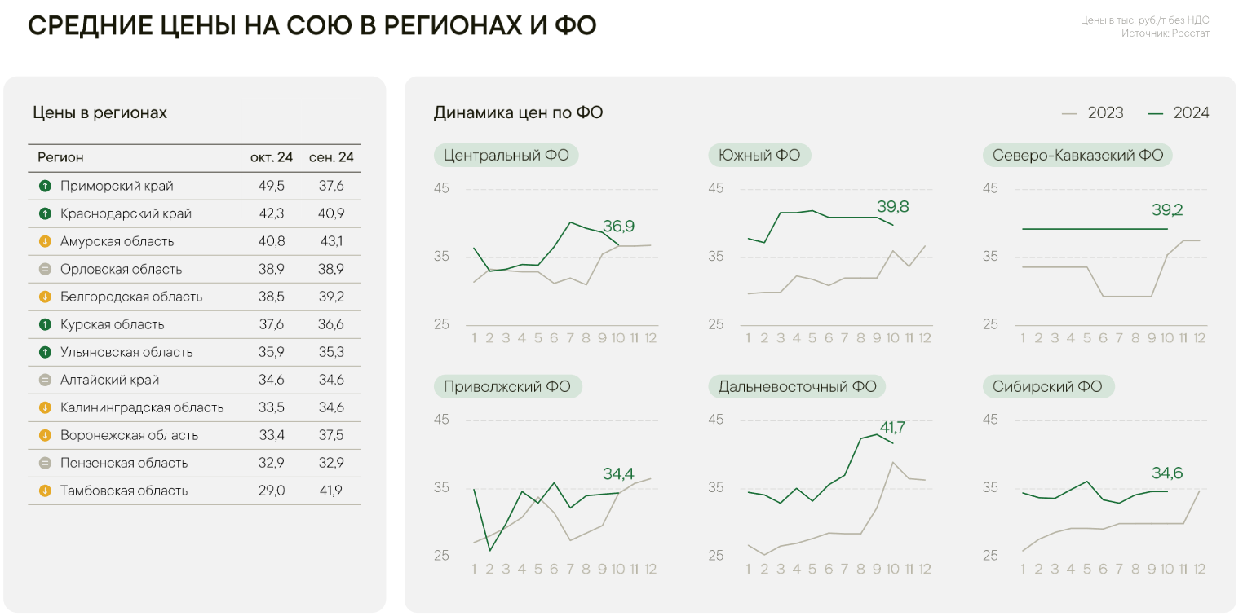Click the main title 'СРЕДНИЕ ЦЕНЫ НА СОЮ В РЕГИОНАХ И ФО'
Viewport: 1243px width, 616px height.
click(x=312, y=26)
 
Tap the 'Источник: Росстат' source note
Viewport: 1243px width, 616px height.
click(x=1165, y=33)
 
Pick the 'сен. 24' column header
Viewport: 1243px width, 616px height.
click(x=331, y=157)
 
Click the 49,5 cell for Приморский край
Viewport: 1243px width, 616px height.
click(x=272, y=186)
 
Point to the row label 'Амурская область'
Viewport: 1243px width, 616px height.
click(x=117, y=241)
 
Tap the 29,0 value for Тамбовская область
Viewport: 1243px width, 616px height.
click(x=272, y=491)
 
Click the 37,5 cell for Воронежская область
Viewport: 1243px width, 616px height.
click(x=331, y=435)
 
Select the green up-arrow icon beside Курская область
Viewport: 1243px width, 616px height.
click(x=45, y=324)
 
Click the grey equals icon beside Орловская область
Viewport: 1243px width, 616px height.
click(x=45, y=269)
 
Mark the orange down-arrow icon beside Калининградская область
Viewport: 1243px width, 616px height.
click(x=45, y=407)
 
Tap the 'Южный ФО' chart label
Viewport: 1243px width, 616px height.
click(x=759, y=155)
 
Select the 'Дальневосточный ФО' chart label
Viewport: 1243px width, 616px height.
click(x=797, y=386)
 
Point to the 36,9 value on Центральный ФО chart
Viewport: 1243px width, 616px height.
click(x=618, y=226)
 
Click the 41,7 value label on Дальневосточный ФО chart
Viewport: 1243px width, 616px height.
click(x=892, y=428)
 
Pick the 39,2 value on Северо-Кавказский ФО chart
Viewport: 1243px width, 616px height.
click(x=1167, y=209)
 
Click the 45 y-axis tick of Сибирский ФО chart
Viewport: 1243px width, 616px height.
click(x=990, y=420)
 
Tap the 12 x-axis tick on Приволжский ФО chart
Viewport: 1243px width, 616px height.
click(x=651, y=569)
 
